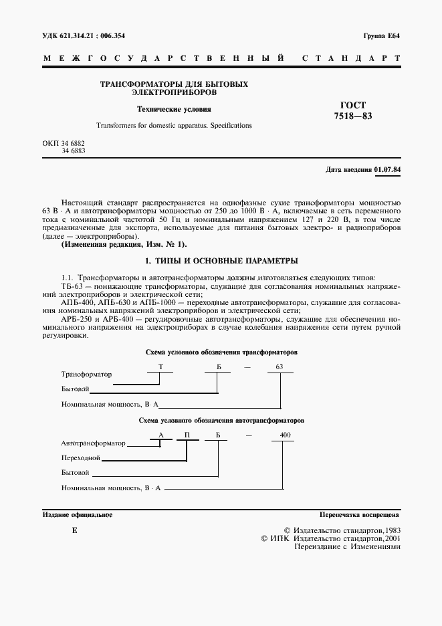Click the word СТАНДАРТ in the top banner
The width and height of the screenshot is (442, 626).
tap(351, 59)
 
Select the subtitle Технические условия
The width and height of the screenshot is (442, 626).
tap(174, 109)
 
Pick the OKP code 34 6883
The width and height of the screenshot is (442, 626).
tap(73, 152)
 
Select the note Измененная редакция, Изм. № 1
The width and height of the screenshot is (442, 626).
tap(125, 245)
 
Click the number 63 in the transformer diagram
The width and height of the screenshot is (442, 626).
tap(280, 367)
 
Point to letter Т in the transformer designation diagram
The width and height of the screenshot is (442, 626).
tap(160, 367)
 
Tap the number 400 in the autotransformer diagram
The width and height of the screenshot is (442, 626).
tap(286, 435)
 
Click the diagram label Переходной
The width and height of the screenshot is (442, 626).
tap(80, 458)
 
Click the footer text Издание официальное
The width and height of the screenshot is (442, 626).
tap(78, 516)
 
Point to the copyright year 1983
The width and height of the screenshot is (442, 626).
tap(390, 529)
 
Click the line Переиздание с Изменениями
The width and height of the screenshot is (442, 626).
tap(347, 546)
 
